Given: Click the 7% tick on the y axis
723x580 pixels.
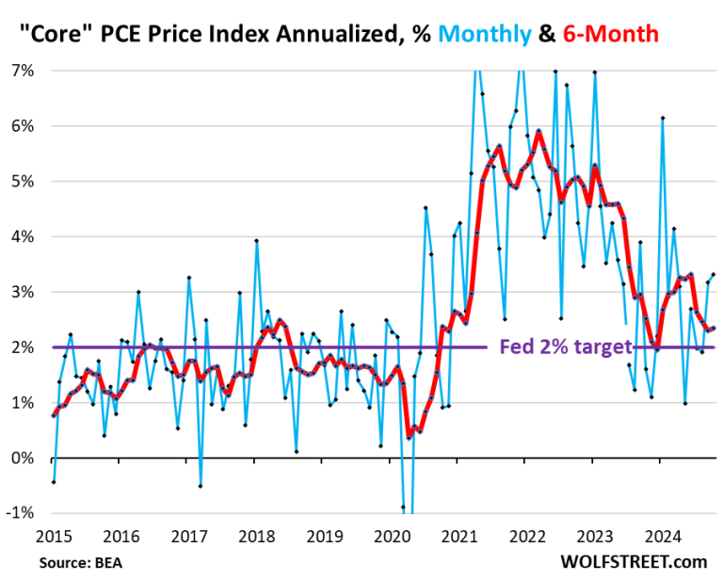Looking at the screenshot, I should click(22, 71).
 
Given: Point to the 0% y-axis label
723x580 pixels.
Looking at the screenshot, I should click(22, 459).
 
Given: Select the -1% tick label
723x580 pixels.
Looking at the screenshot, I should click(20, 514).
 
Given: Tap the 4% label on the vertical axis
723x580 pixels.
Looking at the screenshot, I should click(22, 237).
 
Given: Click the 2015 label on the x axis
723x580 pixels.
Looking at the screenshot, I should click(53, 538).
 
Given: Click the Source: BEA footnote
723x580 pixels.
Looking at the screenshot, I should click(80, 562).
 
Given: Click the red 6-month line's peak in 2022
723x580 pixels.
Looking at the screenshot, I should click(538, 131).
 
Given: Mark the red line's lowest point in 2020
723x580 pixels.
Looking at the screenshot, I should click(409, 438).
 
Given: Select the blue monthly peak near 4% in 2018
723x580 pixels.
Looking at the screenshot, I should click(256, 240).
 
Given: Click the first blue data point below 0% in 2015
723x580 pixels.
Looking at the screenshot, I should click(54, 482).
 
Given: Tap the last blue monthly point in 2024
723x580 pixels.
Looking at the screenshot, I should click(714, 274).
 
